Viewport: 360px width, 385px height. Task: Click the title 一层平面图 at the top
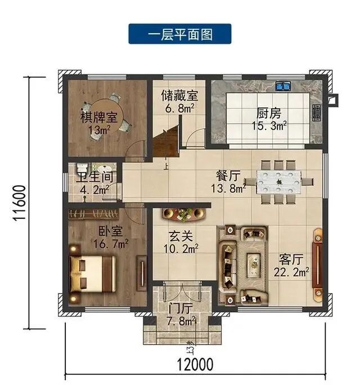pyautogui.click(x=180, y=34)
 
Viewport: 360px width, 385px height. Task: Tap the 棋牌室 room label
pyautogui.click(x=99, y=118)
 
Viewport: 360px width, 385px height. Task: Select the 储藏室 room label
pyautogui.click(x=179, y=96)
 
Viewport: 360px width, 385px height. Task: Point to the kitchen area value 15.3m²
pyautogui.click(x=269, y=126)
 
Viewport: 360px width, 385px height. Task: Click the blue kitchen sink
pyautogui.click(x=283, y=86)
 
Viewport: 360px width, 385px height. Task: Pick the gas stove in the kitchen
pyautogui.click(x=317, y=113)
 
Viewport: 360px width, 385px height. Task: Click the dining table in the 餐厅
pyautogui.click(x=279, y=182)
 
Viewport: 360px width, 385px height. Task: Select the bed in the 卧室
pyautogui.click(x=93, y=274)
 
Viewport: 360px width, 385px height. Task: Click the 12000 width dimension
pyautogui.click(x=195, y=364)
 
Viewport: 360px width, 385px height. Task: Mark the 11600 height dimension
pyautogui.click(x=19, y=203)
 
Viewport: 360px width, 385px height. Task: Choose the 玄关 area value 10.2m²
pyautogui.click(x=181, y=249)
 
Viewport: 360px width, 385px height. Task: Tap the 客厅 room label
pyautogui.click(x=291, y=259)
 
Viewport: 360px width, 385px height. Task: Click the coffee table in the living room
pyautogui.click(x=254, y=265)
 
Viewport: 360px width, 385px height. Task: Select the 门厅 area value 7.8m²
pyautogui.click(x=182, y=321)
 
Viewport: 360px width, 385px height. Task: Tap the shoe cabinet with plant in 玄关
pyautogui.click(x=184, y=214)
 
